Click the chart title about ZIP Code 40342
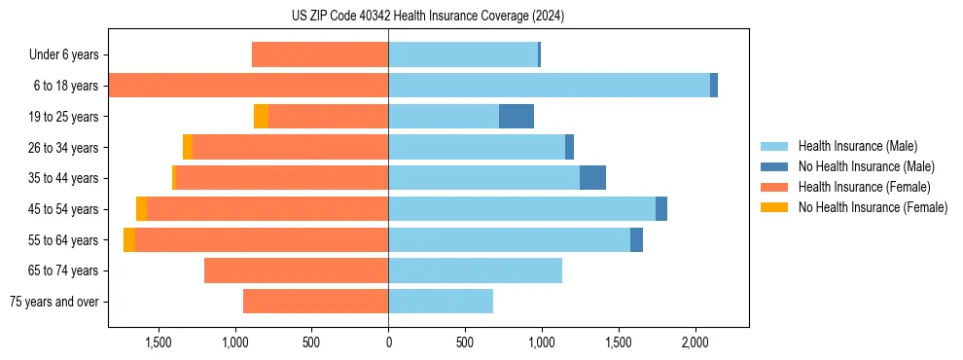point(428,17)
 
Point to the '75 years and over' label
point(53,302)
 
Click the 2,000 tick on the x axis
point(695,342)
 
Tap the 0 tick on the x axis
point(388,342)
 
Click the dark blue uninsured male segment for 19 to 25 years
point(517,117)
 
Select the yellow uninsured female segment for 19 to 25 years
point(261,117)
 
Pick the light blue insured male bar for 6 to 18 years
point(549,86)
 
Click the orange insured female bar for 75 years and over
point(315,302)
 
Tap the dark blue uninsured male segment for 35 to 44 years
point(592,178)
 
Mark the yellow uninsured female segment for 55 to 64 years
point(129,240)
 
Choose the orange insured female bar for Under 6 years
point(320,55)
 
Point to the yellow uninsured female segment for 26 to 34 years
point(188,147)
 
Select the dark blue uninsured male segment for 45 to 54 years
point(661,209)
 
